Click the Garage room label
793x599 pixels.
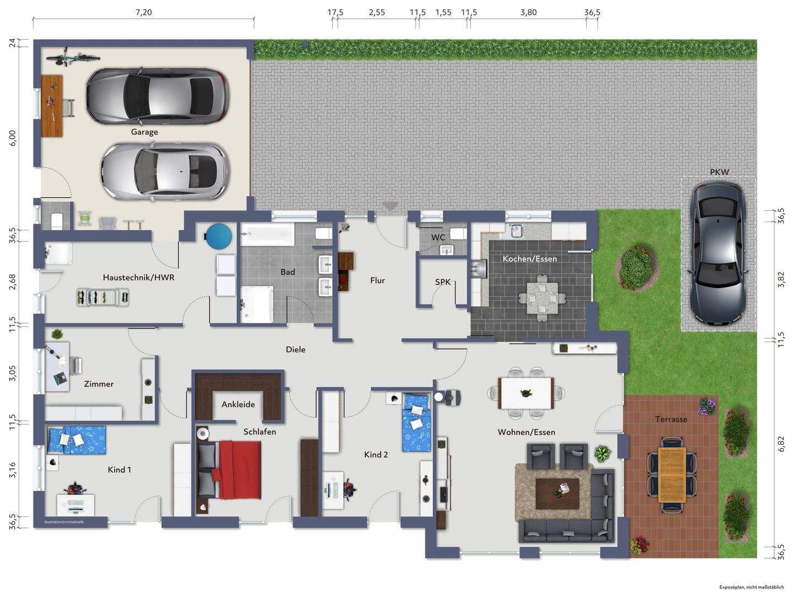pos(144,132)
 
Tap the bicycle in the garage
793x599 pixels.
pos(73,57)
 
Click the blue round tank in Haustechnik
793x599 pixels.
pos(218,236)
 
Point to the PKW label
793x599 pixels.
pos(719,172)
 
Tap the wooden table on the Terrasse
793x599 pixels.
pos(672,474)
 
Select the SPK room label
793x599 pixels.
pos(443,282)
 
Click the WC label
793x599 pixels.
pos(438,238)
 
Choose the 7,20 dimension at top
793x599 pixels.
pos(143,12)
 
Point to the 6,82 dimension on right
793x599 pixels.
pos(781,444)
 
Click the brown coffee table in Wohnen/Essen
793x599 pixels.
pos(557,493)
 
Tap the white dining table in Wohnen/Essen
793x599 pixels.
pos(526,393)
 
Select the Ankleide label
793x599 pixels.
pos(238,404)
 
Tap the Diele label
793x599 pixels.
pos(295,349)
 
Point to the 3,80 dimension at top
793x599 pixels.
pos(528,12)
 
